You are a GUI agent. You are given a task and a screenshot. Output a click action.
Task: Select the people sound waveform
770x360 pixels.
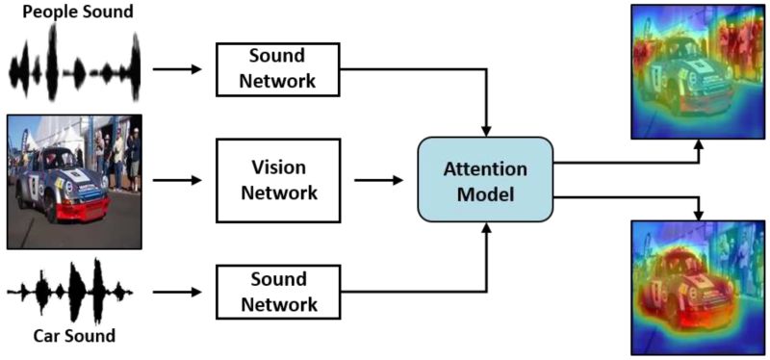(x=75, y=69)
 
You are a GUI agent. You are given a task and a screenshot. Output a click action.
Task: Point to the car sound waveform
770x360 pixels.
(x=72, y=290)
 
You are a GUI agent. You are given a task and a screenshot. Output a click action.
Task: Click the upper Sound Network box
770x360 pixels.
(x=278, y=68)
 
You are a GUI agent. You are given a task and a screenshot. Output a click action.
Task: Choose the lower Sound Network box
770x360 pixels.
(x=278, y=293)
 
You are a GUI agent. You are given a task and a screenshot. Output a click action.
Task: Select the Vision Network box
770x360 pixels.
(x=278, y=179)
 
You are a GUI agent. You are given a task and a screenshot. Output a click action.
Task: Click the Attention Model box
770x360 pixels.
(x=485, y=180)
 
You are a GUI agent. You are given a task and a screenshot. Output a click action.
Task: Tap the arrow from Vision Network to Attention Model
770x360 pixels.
(x=380, y=180)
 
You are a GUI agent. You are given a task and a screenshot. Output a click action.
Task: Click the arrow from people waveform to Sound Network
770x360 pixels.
(x=177, y=69)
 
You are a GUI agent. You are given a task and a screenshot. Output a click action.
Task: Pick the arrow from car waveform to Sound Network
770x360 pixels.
(x=177, y=293)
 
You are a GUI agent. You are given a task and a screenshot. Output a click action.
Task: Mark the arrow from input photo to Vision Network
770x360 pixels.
(x=177, y=180)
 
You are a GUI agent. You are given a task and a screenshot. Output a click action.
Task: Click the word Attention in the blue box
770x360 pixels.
(x=485, y=169)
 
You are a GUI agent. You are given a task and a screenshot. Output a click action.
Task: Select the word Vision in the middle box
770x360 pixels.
(x=278, y=167)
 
